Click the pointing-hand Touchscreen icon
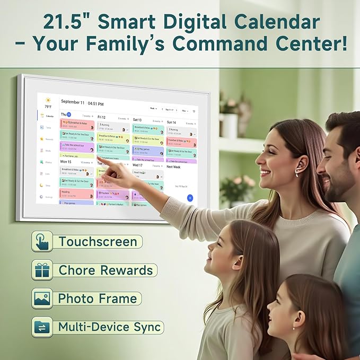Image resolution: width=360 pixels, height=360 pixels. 42,241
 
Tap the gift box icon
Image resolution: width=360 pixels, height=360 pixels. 42,270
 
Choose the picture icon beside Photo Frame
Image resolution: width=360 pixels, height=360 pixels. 42,298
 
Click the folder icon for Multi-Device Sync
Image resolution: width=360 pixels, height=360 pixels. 42,327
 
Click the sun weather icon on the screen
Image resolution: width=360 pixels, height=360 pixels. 48,100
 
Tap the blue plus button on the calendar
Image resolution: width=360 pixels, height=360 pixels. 190,198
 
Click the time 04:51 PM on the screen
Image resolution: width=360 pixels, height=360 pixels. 95,103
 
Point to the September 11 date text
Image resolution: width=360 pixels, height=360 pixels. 73,102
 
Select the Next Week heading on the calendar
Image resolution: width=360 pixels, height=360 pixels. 174,166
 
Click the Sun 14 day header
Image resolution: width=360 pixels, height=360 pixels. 171,122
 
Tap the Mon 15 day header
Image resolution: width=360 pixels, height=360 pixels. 66,161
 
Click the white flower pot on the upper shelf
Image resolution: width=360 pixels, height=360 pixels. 229,125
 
